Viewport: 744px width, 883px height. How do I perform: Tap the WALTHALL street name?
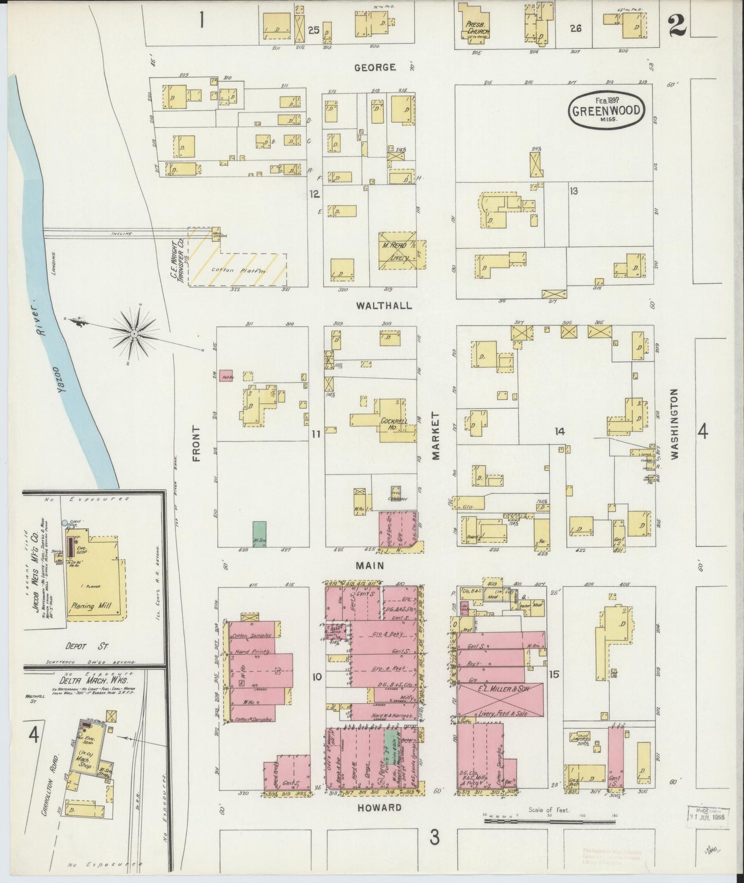click(384, 305)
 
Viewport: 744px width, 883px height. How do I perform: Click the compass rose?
click(135, 334)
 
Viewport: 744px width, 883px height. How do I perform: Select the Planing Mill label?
click(89, 606)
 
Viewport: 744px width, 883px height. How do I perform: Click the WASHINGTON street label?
click(674, 423)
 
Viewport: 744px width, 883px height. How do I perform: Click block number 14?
click(560, 432)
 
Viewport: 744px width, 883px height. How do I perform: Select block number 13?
click(574, 191)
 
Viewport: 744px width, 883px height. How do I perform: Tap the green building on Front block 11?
click(259, 534)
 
